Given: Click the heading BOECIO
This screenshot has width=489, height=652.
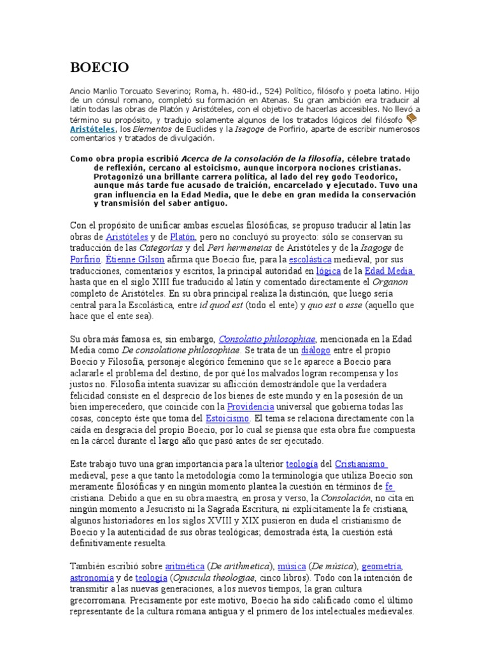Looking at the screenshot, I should click(x=99, y=67).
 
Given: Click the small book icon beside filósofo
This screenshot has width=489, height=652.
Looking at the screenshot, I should click(x=411, y=119).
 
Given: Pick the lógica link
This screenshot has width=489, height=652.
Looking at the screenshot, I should click(x=329, y=271).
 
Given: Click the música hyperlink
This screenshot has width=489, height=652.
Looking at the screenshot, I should click(x=292, y=566).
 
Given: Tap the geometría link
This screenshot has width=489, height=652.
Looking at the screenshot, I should click(x=382, y=566).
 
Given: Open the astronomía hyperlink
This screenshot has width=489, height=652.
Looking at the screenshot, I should click(x=91, y=578).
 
